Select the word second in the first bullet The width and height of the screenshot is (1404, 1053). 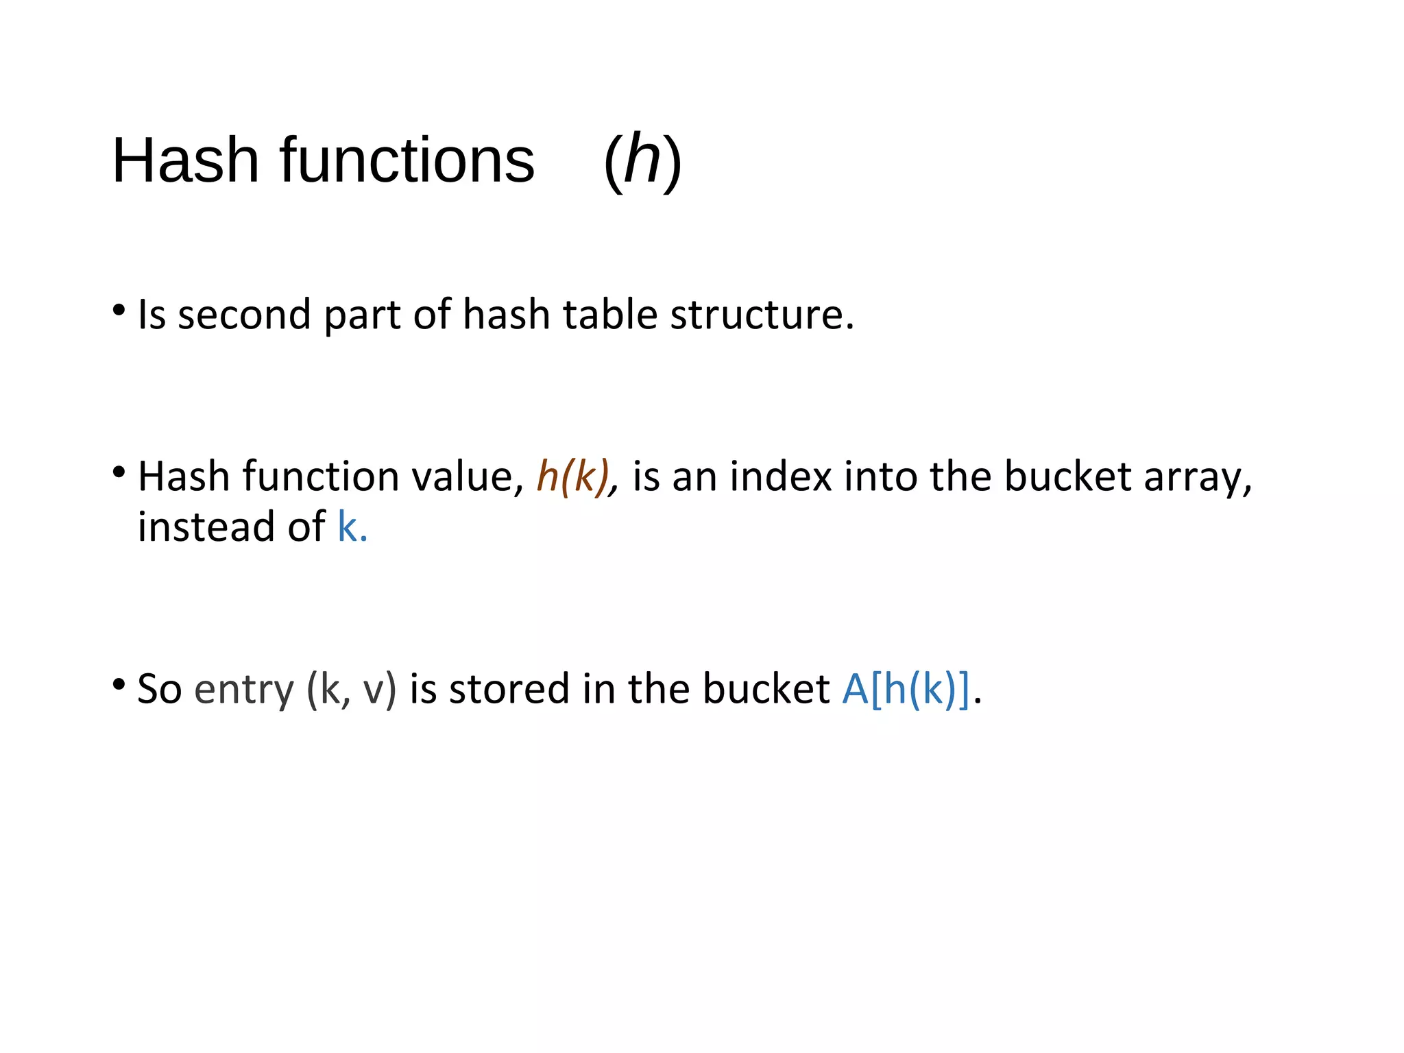(244, 315)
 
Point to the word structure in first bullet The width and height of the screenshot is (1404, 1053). (762, 315)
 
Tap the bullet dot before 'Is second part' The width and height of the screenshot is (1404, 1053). (119, 311)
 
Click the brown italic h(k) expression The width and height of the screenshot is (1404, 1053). (573, 476)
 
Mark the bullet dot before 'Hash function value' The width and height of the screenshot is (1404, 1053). (119, 472)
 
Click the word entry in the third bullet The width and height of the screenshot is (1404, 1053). (244, 690)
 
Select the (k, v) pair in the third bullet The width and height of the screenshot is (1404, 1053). (352, 690)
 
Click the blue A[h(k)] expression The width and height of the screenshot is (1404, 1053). (906, 689)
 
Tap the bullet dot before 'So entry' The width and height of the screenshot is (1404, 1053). (119, 684)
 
